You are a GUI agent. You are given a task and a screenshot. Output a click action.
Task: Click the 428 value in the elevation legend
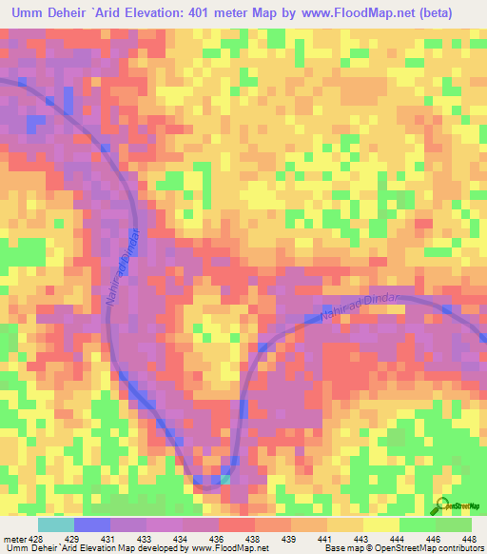click(34, 538)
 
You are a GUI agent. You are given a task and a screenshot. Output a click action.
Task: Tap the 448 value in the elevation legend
click(468, 538)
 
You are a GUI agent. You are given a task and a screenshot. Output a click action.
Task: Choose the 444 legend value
click(399, 538)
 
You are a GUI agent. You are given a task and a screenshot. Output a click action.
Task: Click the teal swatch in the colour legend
click(56, 524)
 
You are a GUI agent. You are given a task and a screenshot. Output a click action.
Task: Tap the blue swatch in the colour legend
click(92, 524)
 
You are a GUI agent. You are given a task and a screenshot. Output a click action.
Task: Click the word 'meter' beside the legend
click(12, 538)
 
